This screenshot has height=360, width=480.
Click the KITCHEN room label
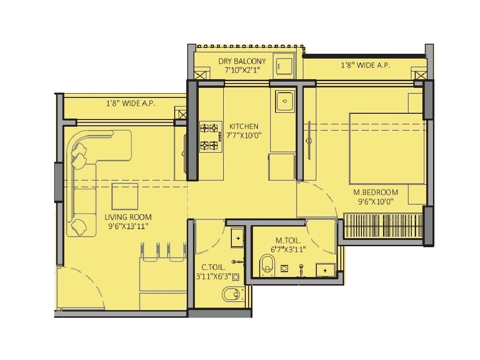click(244, 126)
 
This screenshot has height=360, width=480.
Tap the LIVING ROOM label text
click(128, 217)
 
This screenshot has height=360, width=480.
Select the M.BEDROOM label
click(376, 192)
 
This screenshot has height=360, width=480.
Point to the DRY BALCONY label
click(242, 61)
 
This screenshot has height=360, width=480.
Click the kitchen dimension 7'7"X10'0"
click(244, 135)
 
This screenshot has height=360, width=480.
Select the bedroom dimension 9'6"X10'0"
click(376, 202)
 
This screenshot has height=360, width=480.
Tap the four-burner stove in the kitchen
click(211, 136)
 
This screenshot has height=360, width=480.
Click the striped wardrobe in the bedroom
click(383, 226)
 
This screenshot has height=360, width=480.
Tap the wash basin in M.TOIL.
click(326, 270)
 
